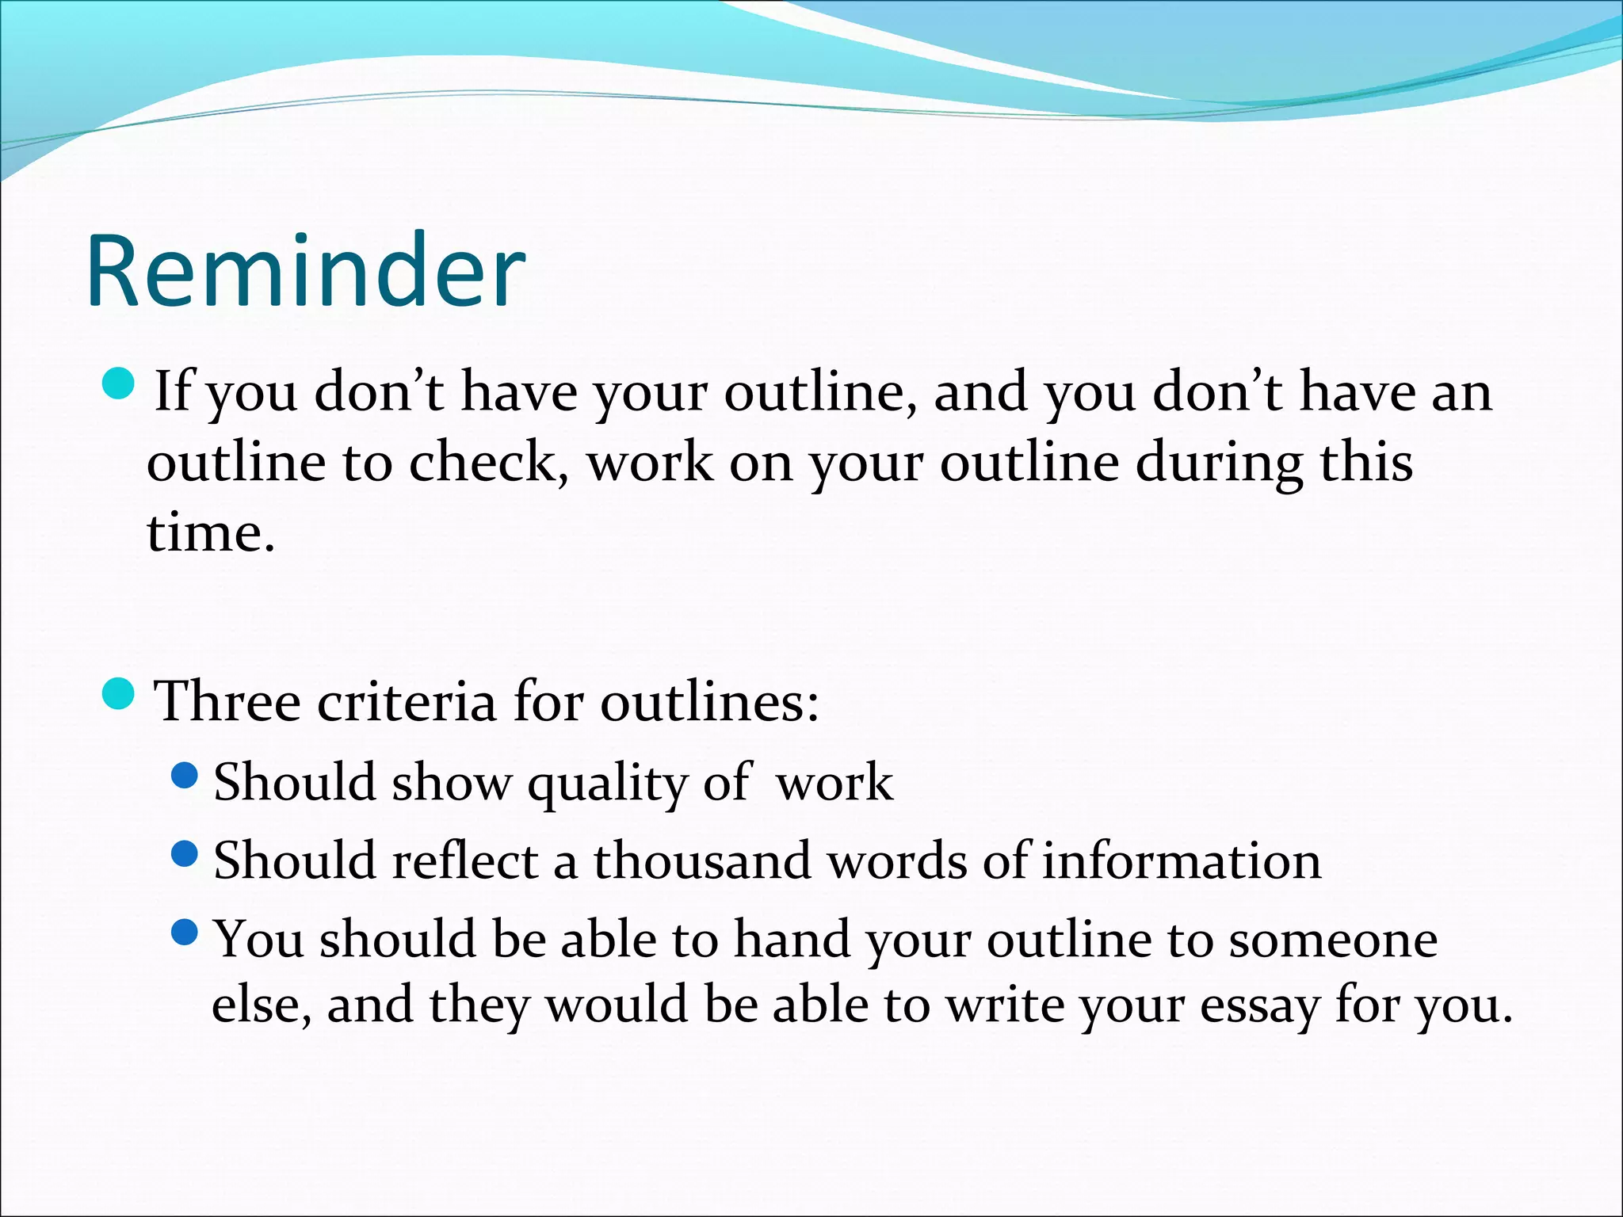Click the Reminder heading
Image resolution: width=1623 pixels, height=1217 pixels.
click(306, 271)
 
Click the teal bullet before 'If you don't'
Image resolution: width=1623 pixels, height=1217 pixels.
click(120, 383)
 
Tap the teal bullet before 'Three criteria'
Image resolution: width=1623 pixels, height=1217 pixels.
click(120, 693)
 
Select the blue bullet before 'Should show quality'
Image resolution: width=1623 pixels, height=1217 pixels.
click(185, 775)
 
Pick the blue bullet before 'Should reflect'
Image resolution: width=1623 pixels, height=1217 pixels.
click(185, 853)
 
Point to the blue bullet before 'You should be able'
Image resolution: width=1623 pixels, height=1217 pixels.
click(185, 932)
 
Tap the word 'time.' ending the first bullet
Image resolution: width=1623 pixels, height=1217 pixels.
click(211, 532)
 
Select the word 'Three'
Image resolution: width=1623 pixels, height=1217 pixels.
click(227, 701)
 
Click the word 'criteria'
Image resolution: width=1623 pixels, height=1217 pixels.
click(407, 701)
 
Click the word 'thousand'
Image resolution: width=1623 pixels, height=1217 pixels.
click(702, 861)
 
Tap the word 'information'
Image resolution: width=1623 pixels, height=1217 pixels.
click(1182, 861)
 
